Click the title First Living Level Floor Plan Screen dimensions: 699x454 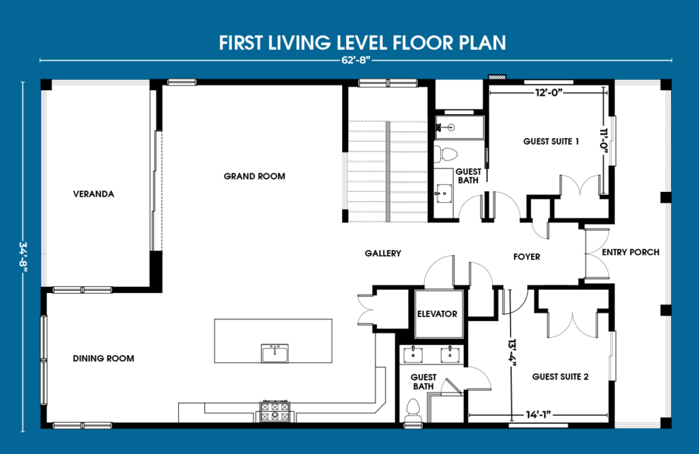(362, 43)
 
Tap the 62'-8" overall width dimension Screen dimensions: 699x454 (355, 60)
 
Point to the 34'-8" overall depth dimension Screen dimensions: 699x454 (23, 257)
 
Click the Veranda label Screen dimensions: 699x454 (94, 194)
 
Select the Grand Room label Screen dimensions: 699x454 (255, 176)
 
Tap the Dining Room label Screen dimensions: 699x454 (104, 358)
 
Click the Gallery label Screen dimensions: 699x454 (383, 253)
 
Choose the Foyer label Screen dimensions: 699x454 (526, 257)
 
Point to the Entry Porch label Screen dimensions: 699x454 (631, 253)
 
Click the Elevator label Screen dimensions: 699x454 (438, 314)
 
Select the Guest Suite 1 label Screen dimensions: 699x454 (551, 141)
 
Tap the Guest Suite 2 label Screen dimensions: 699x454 (560, 377)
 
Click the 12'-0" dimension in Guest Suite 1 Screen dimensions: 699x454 (549, 92)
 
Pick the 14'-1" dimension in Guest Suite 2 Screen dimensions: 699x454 (539, 415)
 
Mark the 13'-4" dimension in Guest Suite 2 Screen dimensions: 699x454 (512, 352)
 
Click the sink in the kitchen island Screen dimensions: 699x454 (274, 353)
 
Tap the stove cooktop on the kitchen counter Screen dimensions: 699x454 (274, 412)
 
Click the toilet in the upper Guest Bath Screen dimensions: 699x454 (445, 154)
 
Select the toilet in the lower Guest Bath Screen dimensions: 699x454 (413, 411)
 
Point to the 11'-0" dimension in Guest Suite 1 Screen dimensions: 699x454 (604, 141)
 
